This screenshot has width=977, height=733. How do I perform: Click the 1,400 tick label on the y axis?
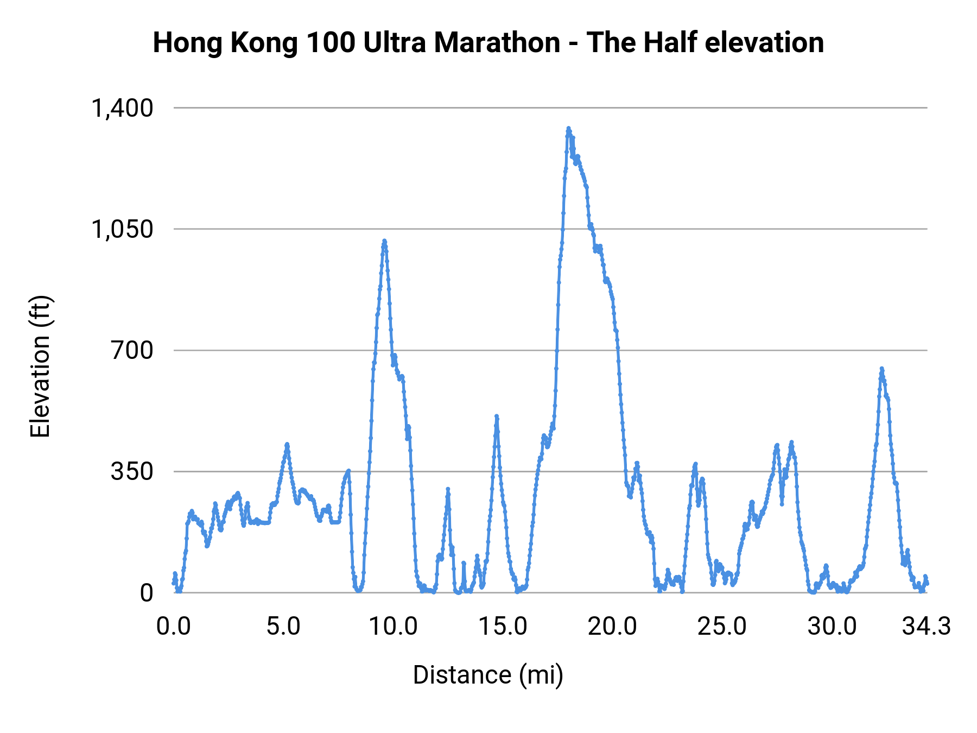coord(122,108)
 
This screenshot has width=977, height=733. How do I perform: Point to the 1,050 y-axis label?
coord(122,229)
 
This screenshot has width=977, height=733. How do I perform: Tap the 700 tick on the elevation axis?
coord(132,351)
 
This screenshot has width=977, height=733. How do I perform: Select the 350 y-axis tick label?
coord(132,472)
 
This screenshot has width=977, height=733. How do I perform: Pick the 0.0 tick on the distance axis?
coord(174,627)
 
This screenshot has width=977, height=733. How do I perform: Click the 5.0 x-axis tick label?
coord(283,627)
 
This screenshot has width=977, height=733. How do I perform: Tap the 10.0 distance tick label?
coord(393,627)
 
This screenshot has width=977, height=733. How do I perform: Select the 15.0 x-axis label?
coord(503,627)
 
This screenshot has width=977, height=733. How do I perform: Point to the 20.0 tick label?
coord(612,627)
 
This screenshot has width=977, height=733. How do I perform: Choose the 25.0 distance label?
coord(722,627)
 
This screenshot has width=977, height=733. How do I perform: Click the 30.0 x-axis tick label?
coord(832,627)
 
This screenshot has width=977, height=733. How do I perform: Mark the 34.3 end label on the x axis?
coord(927,627)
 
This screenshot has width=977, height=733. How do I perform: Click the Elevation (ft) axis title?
coord(40,366)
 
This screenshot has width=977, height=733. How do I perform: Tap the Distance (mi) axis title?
coord(488,675)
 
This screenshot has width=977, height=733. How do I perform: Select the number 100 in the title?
coord(328,42)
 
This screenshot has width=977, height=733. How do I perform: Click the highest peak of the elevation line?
coord(568,128)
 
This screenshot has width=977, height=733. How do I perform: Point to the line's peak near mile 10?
coord(384,241)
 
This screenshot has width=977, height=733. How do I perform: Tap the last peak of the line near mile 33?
coord(881,368)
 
